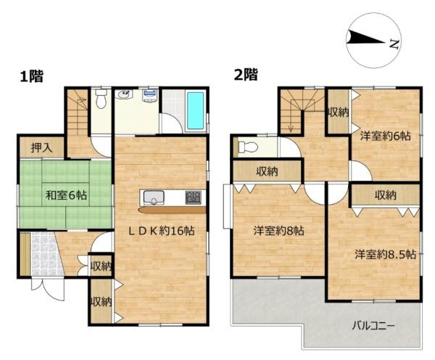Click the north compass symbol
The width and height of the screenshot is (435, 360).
pos(373,41)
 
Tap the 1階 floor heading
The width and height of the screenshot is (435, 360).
pos(32,76)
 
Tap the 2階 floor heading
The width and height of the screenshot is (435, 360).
pos(246,74)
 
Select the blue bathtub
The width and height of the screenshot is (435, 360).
pos(195,111)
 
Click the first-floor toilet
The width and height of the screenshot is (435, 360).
pos(101,99)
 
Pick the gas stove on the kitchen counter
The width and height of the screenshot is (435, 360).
pos(194,197)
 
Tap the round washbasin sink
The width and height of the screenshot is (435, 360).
pos(124,94)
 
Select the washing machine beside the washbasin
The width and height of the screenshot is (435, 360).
pos(150,95)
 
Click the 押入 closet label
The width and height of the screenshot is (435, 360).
pos(41,147)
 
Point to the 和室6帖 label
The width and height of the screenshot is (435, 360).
pos(66,195)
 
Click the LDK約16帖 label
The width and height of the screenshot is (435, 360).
pos(161,231)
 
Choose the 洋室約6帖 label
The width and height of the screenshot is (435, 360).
pos(386,136)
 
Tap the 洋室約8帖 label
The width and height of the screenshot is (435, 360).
pos(279,231)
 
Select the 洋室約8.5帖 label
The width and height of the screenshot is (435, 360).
pos(385,254)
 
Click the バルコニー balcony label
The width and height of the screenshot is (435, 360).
pos(373,325)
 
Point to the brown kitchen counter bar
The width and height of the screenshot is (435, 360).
pos(172,210)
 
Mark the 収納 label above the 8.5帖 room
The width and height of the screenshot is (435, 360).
pos(386,195)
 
